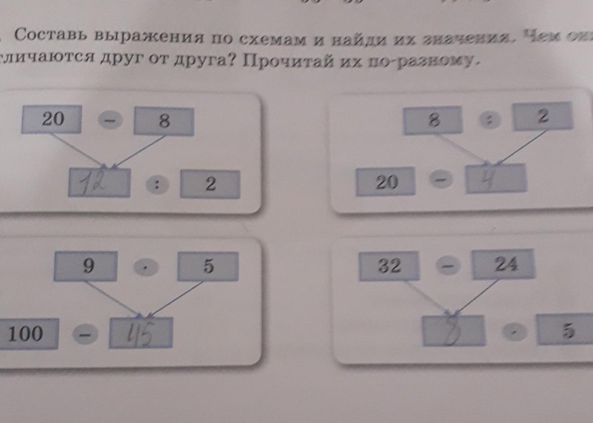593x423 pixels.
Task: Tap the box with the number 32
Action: tap(389, 266)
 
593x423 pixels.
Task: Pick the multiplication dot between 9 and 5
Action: tap(147, 268)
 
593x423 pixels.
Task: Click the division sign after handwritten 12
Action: tap(157, 185)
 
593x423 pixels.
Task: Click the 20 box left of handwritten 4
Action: tap(385, 182)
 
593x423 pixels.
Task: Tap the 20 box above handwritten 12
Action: tap(52, 119)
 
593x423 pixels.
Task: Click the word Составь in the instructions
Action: tap(51, 36)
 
